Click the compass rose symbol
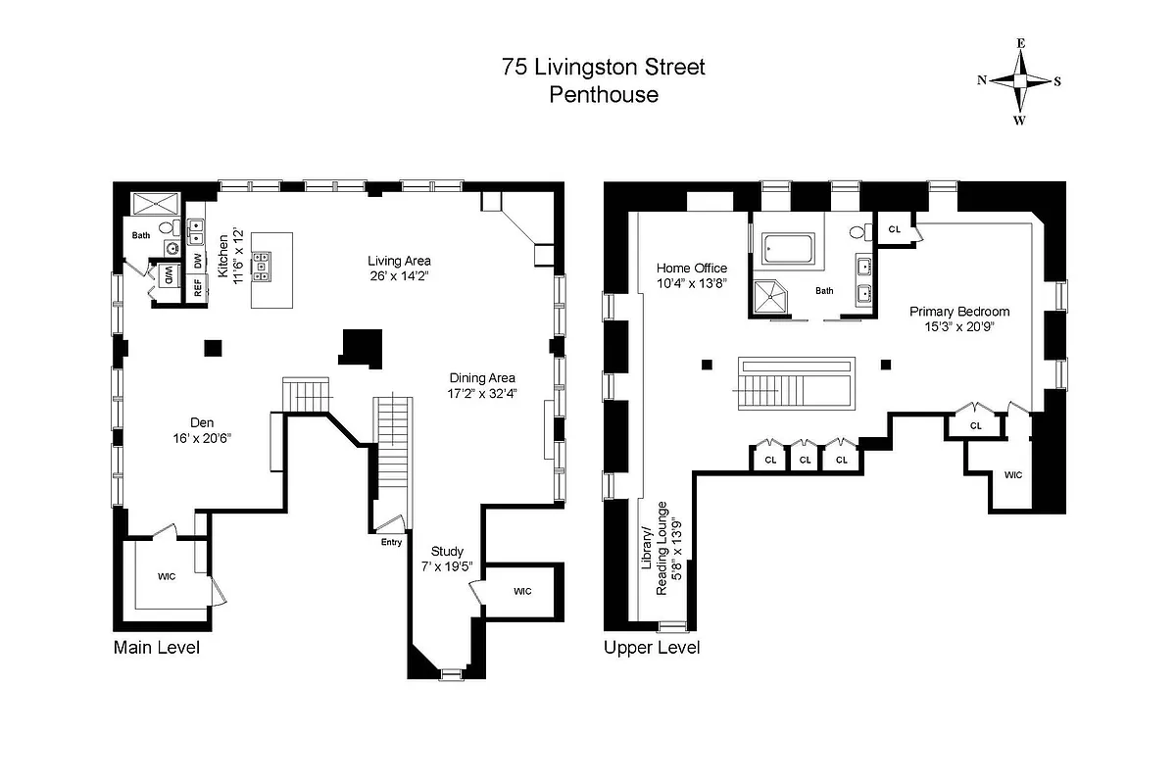(1019, 81)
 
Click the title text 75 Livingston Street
(603, 68)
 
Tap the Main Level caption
(157, 647)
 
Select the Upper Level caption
(652, 647)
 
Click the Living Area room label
(399, 261)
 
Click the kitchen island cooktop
(262, 263)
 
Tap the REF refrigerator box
(197, 288)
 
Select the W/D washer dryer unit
(168, 273)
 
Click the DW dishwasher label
(197, 262)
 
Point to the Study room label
(447, 551)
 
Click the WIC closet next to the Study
(521, 591)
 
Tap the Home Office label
(691, 268)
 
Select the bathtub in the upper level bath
(788, 249)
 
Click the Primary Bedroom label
(958, 312)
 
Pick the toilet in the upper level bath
(857, 233)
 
